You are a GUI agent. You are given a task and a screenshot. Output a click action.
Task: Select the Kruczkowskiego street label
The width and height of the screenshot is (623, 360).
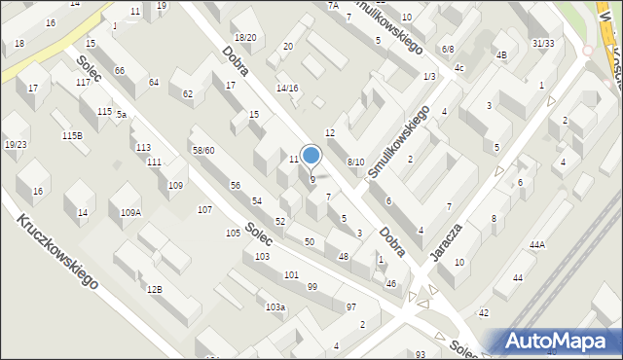pyautogui.click(x=56, y=251)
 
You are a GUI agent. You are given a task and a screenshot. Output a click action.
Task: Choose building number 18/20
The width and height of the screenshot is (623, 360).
pyautogui.click(x=244, y=38)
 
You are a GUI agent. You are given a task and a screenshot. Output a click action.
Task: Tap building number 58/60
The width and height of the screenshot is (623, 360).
pyautogui.click(x=202, y=150)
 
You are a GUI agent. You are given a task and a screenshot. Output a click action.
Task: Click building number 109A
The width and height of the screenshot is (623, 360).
pyautogui.click(x=130, y=212)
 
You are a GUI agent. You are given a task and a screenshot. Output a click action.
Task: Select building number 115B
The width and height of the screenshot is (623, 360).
pyautogui.click(x=72, y=135)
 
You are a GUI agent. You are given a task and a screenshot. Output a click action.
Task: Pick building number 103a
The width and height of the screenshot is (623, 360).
pyautogui.click(x=275, y=307)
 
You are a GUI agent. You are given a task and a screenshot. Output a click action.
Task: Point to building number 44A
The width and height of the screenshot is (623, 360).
pyautogui.click(x=537, y=245)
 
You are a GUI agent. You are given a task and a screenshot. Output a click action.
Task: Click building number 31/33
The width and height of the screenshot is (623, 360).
pyautogui.click(x=543, y=44)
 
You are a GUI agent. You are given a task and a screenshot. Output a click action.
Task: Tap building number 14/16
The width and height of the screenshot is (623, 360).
pyautogui.click(x=287, y=89)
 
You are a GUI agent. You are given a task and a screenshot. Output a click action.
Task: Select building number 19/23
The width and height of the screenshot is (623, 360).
pyautogui.click(x=16, y=144)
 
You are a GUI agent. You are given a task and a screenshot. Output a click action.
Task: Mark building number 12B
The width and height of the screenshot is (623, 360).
pyautogui.click(x=154, y=289)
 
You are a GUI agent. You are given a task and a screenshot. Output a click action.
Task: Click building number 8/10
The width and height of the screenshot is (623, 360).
pyautogui.click(x=355, y=162)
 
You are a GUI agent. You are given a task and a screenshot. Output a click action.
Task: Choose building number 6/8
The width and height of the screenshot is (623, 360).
pyautogui.click(x=447, y=49)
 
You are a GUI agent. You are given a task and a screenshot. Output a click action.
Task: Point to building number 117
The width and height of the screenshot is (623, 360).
pyautogui.click(x=84, y=83)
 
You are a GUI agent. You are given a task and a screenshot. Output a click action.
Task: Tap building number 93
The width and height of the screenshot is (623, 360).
pyautogui.click(x=421, y=354)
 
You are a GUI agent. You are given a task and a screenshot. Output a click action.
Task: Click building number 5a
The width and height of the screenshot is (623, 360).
pyautogui.click(x=122, y=114)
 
